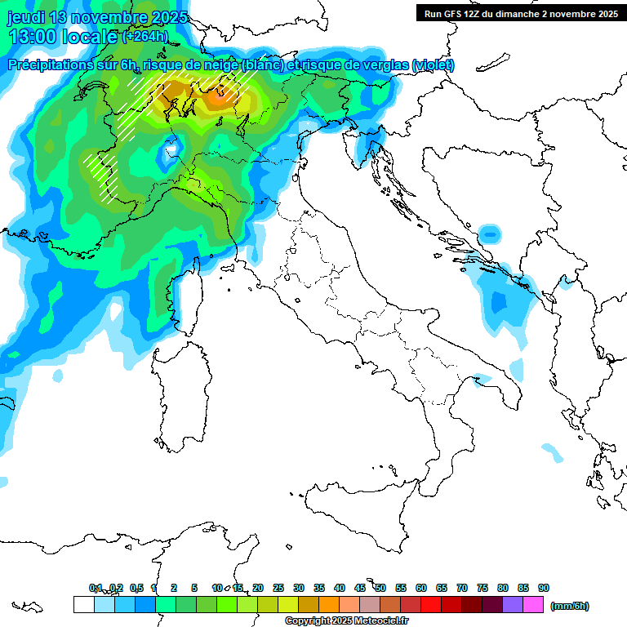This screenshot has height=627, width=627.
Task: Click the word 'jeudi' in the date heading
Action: tap(25, 16)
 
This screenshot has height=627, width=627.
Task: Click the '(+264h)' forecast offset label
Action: tap(145, 36)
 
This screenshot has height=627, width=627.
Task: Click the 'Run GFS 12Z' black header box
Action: tap(520, 14)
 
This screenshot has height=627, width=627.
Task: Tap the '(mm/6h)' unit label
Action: tap(570, 605)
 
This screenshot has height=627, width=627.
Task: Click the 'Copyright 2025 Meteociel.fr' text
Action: tap(346, 621)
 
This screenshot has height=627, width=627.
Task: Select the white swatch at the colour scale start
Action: tap(83, 605)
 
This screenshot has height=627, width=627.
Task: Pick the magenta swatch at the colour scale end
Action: tap(533, 605)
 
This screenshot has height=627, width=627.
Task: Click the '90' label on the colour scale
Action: tap(543, 588)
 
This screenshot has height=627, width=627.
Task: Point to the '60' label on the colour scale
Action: tap(421, 588)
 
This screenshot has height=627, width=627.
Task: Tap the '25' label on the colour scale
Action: tap(278, 588)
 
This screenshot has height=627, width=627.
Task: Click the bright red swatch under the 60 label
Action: tap(430, 605)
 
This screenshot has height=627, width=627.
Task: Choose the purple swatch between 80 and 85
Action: tap(513, 605)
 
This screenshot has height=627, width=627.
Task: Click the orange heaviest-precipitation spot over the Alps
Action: tap(218, 99)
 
